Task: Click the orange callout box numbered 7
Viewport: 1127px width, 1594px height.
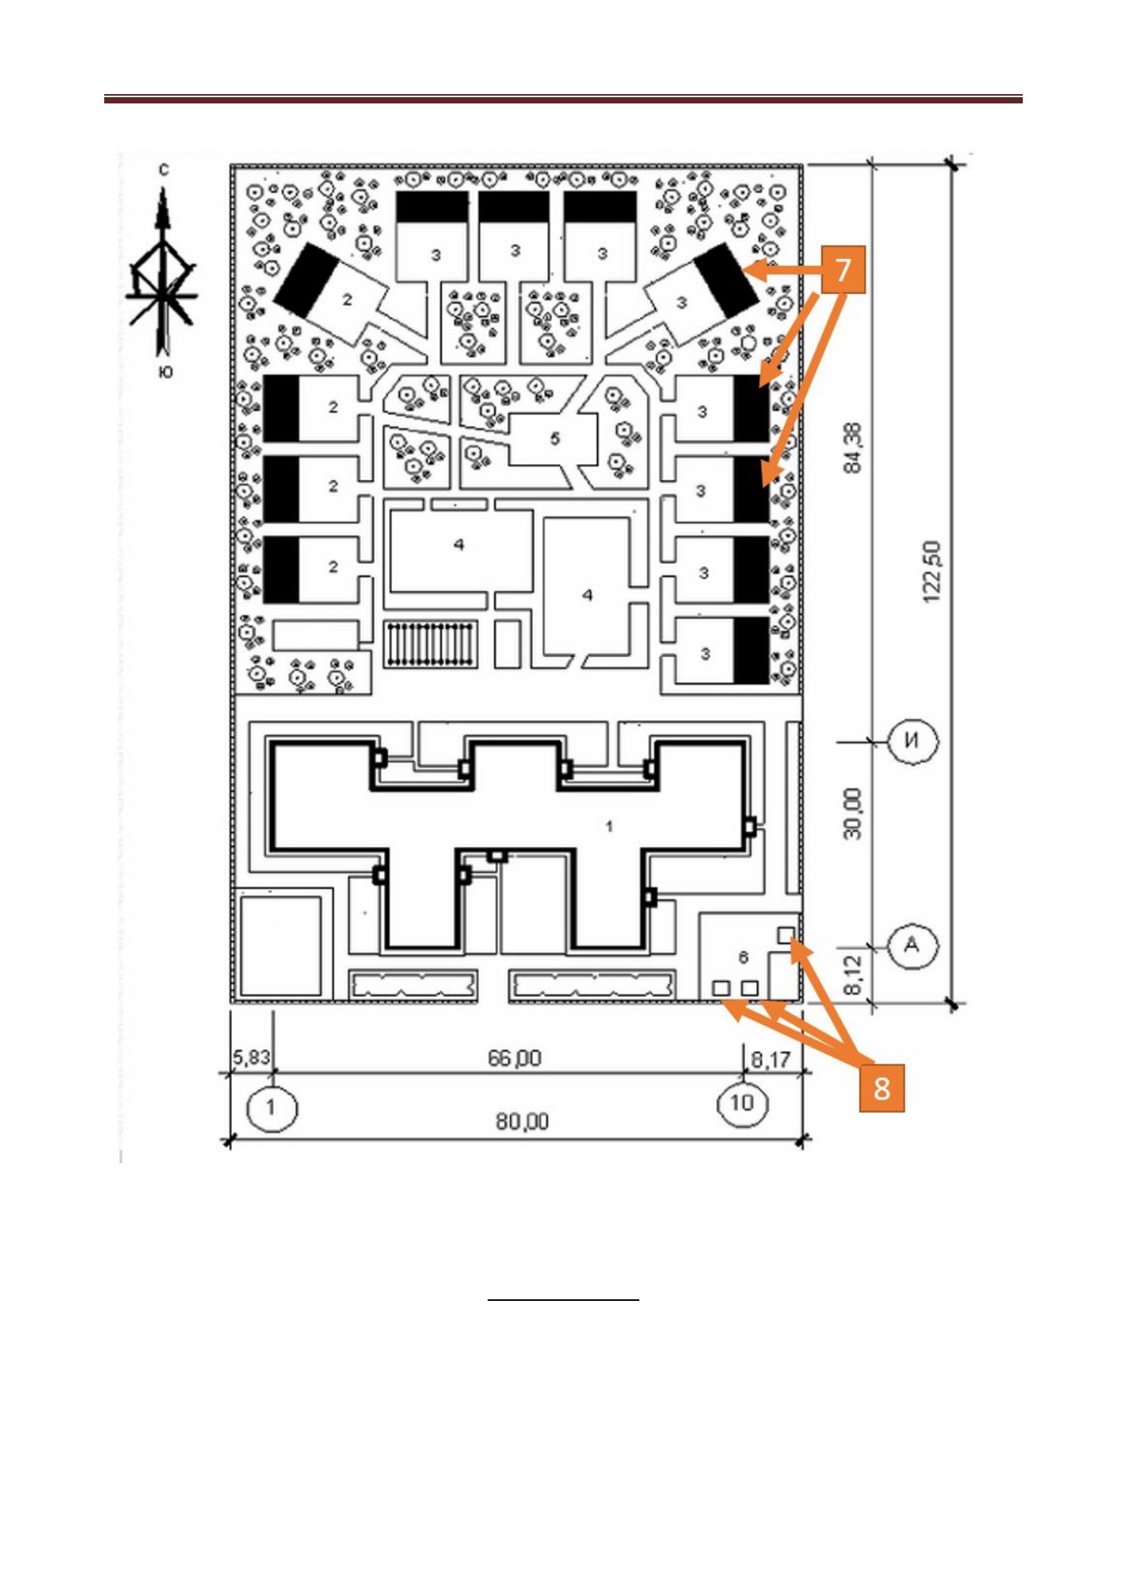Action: tap(843, 270)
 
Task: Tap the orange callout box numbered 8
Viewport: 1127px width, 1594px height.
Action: tap(881, 1088)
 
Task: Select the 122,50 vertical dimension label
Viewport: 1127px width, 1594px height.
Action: tap(932, 572)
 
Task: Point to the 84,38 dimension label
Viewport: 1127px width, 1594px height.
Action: tap(852, 448)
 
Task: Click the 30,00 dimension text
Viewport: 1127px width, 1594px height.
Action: tap(852, 813)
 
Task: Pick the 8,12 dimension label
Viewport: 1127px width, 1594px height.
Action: tap(853, 974)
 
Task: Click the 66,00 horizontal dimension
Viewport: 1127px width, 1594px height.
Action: tap(514, 1057)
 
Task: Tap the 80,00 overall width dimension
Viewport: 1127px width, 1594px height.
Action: tap(522, 1121)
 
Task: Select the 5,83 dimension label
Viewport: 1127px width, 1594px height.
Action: tap(251, 1057)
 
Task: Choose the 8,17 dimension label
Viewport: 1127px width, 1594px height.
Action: tap(770, 1059)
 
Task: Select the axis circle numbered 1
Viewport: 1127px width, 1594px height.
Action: tap(271, 1106)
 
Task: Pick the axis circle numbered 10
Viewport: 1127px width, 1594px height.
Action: tap(742, 1103)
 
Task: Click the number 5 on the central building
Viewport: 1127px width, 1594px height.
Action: tap(555, 439)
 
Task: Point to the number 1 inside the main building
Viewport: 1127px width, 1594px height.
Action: tap(609, 826)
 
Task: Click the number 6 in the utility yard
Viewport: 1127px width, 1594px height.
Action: tap(743, 956)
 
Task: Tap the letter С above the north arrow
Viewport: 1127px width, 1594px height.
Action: tap(163, 170)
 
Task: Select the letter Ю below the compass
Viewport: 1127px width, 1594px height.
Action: tap(165, 372)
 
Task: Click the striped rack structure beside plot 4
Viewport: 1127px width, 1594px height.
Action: tap(431, 643)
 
